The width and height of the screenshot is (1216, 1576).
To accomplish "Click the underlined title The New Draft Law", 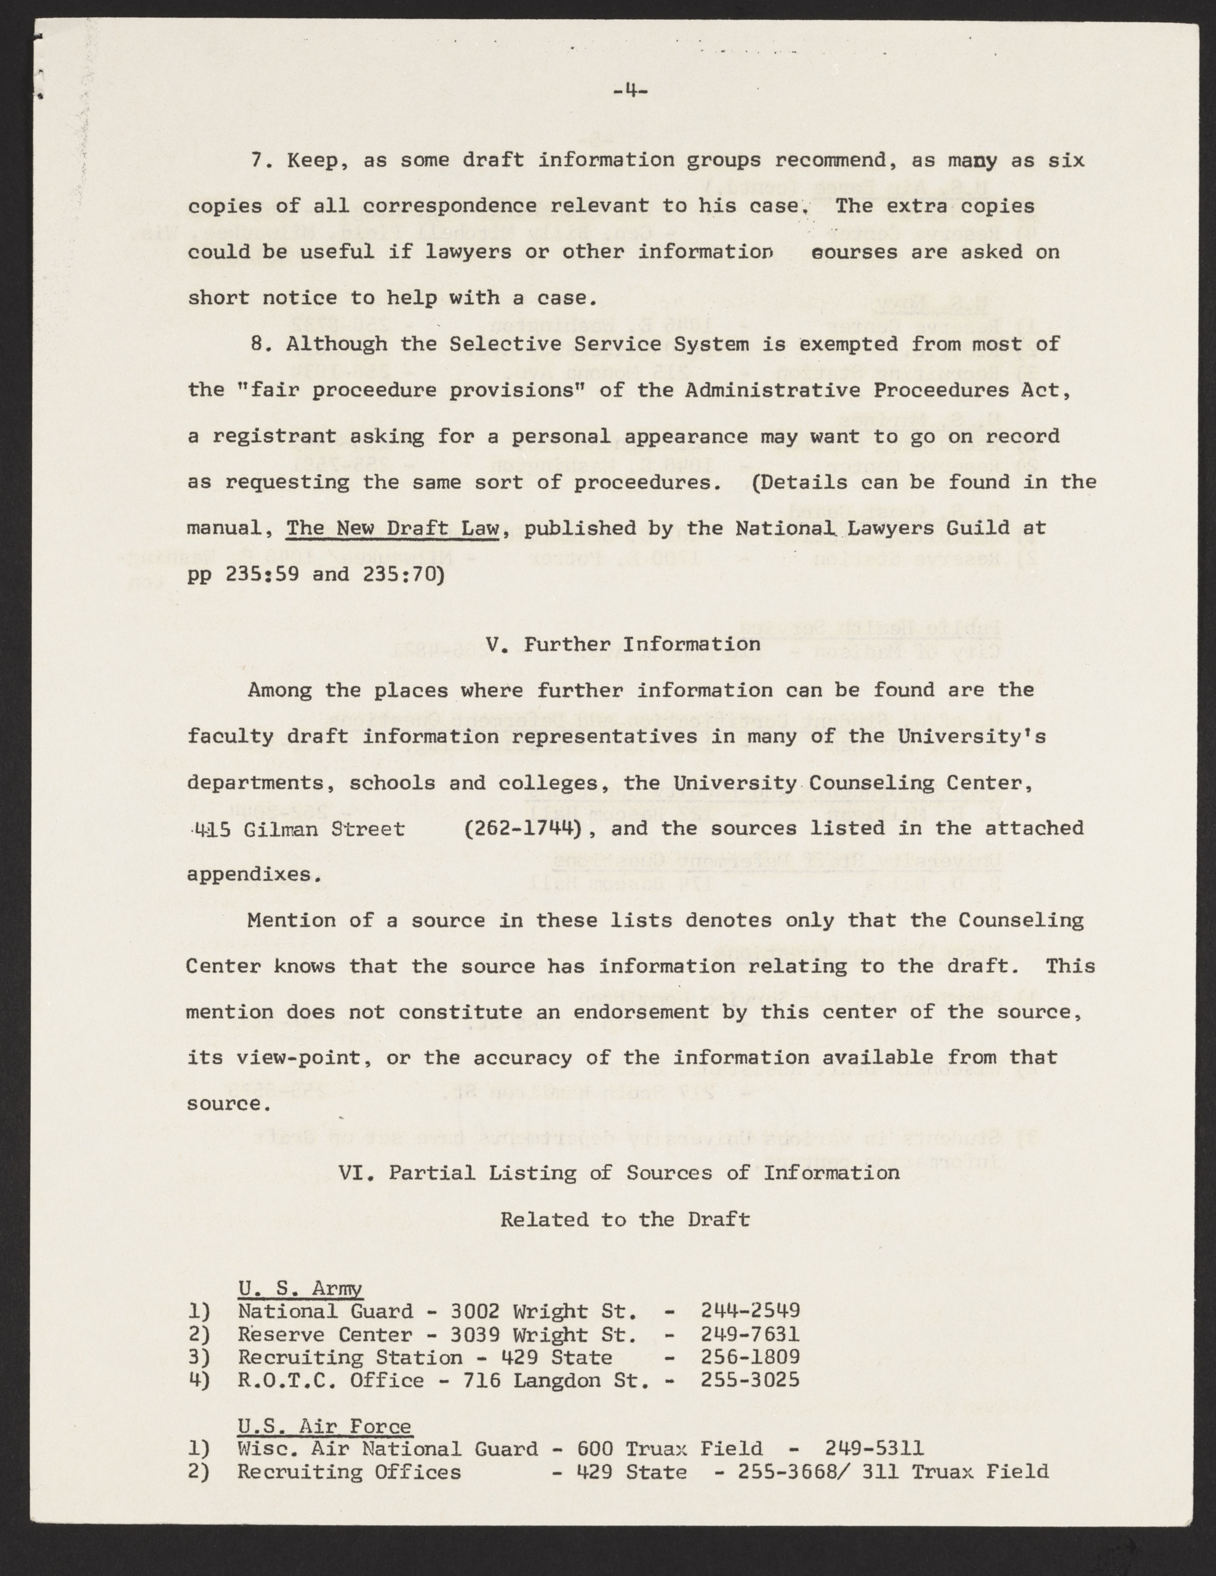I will pyautogui.click(x=393, y=528).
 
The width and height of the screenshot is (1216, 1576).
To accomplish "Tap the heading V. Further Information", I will pyautogui.click(x=623, y=644).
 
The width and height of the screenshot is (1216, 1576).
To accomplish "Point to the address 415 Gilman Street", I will pyautogui.click(x=296, y=829).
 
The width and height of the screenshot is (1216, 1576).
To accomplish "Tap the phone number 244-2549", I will pyautogui.click(x=750, y=1311).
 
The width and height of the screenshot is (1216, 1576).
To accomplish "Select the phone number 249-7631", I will pyautogui.click(x=750, y=1334).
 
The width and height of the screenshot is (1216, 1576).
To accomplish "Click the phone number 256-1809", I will pyautogui.click(x=750, y=1357).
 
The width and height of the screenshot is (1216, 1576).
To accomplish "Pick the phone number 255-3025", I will pyautogui.click(x=750, y=1380).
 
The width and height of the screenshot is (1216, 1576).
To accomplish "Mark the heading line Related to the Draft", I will pyautogui.click(x=625, y=1220).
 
